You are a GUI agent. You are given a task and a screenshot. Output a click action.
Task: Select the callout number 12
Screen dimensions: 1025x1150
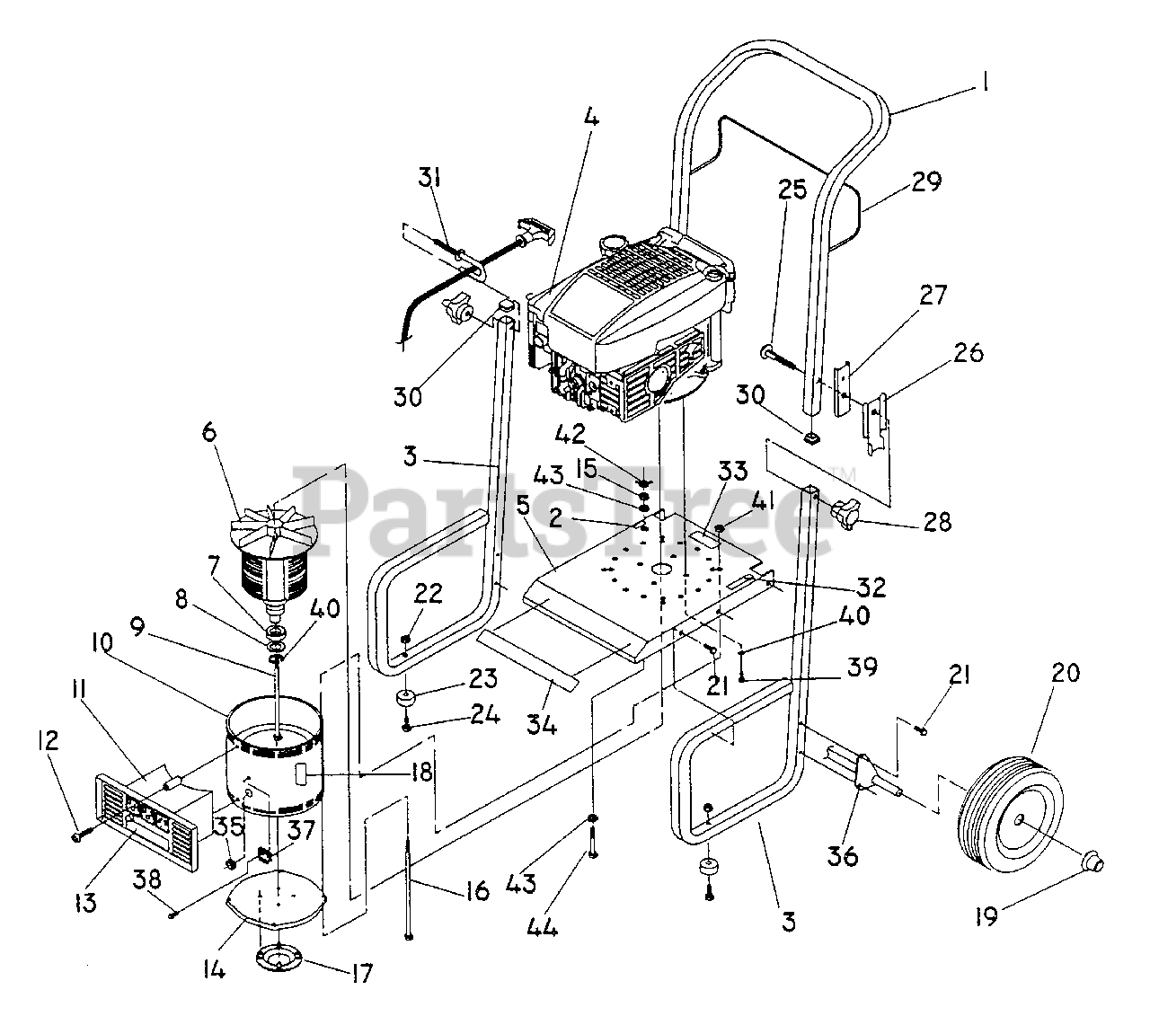point(47,740)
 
